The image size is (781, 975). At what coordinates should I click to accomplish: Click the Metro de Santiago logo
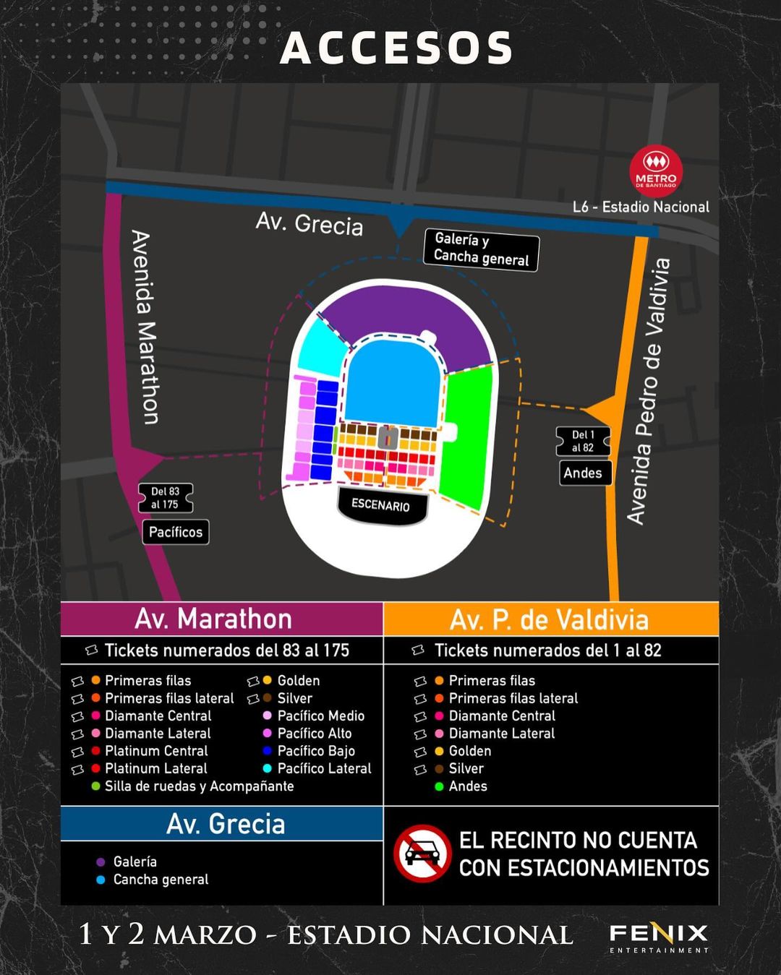pos(656,171)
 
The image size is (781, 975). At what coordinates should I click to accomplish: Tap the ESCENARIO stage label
pos(381,504)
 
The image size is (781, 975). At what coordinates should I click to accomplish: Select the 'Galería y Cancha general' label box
pos(481,249)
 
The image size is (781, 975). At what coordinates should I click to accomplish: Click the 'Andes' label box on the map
pos(583,473)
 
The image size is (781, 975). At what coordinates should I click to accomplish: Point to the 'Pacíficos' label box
pos(176,532)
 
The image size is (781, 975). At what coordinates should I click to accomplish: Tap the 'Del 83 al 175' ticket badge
pos(165,498)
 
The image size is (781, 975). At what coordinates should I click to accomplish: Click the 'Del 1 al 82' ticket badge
pos(583,441)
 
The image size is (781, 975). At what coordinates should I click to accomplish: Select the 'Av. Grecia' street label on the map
pos(310,223)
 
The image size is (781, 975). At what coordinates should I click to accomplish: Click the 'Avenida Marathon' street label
pos(145,327)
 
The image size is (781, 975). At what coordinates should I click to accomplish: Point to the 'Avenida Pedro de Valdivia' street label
pos(648,390)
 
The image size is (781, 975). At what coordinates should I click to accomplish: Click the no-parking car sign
pos(422,854)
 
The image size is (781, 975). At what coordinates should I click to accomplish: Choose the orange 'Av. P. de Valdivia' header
pos(550,619)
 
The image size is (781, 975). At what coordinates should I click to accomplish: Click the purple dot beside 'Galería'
pos(101,862)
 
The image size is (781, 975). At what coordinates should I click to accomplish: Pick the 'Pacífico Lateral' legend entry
pos(324,768)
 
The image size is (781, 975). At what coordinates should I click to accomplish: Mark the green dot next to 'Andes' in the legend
pos(439,786)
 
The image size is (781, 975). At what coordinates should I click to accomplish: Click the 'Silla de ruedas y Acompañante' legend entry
pos(199,786)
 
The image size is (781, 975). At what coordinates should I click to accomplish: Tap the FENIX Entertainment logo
pos(658,937)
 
